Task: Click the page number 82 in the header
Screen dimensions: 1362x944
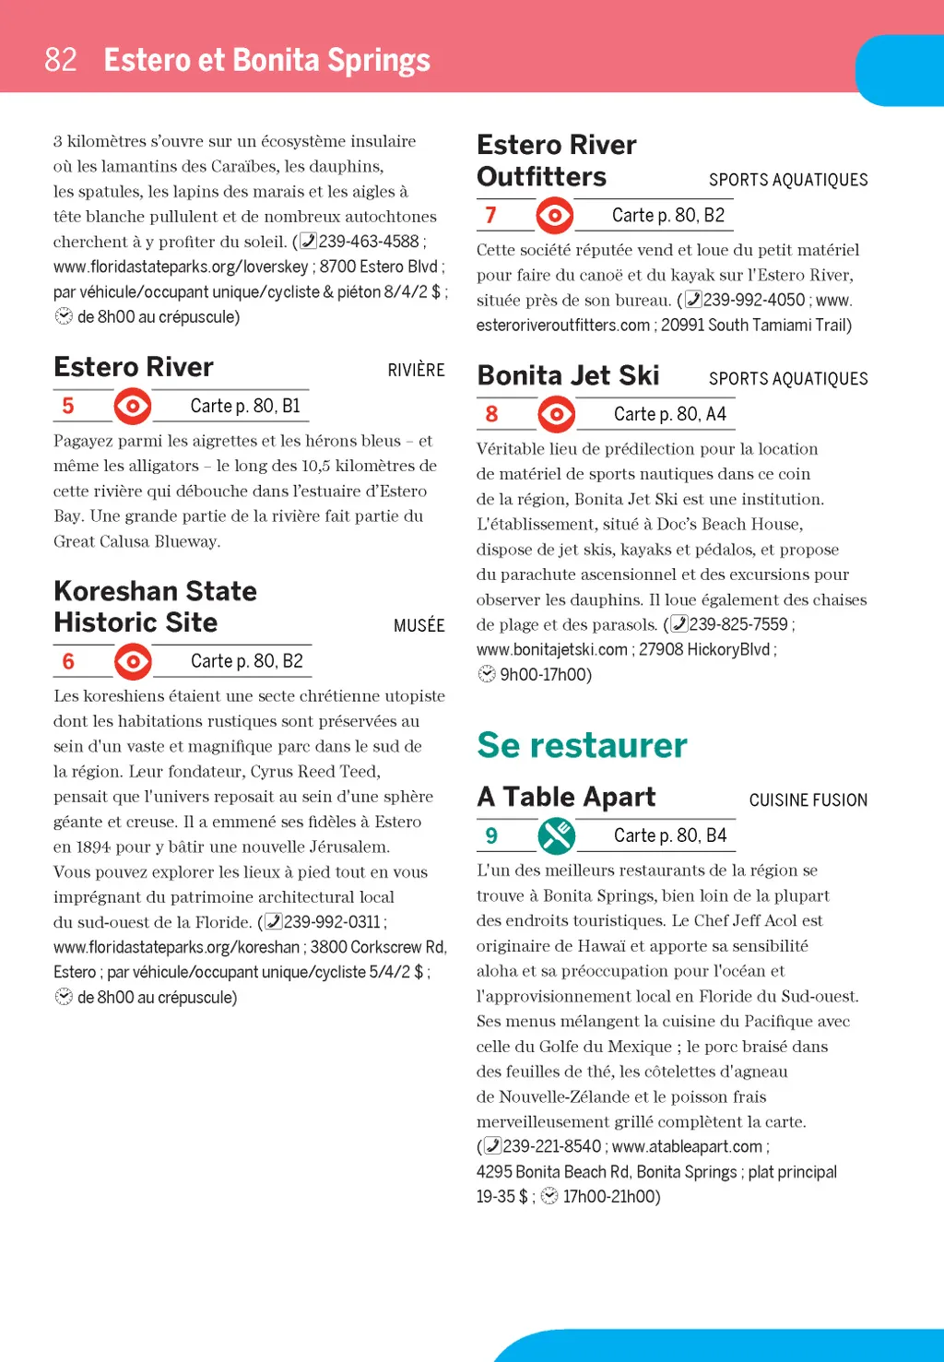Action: click(61, 60)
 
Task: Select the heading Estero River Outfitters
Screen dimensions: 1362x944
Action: click(556, 160)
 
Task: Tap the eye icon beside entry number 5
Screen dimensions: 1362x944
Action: click(133, 406)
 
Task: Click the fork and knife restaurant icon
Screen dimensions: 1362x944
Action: click(557, 835)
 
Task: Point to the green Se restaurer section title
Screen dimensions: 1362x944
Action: click(582, 745)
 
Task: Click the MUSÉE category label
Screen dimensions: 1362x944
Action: click(419, 625)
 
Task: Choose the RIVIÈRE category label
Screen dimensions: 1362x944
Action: click(416, 370)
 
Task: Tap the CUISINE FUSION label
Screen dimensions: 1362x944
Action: click(808, 800)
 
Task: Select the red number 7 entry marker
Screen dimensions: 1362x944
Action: click(490, 215)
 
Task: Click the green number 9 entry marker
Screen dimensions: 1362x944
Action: click(491, 835)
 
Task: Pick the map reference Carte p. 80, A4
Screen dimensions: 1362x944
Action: click(669, 414)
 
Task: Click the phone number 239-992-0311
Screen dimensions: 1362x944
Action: click(332, 921)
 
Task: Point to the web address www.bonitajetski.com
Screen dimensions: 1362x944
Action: click(551, 649)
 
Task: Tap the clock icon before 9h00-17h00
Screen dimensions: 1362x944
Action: click(487, 674)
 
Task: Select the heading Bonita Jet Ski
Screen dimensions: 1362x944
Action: click(568, 375)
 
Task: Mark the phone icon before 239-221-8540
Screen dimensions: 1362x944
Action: click(492, 1146)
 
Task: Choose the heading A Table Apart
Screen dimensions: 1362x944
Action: click(566, 797)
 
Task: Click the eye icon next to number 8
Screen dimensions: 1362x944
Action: click(557, 414)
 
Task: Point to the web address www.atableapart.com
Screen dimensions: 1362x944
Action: click(687, 1146)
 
